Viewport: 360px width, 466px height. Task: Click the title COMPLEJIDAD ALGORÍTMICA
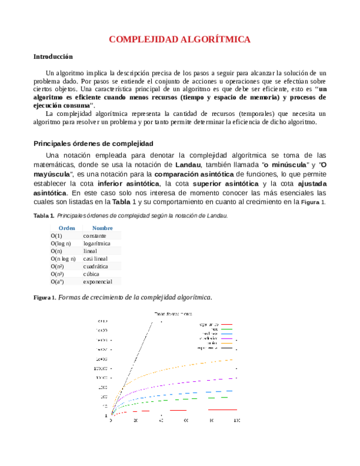(x=179, y=40)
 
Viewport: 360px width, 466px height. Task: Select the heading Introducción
(x=53, y=57)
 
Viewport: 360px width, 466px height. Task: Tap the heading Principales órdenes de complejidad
(x=94, y=144)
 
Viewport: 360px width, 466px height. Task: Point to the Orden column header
(x=67, y=228)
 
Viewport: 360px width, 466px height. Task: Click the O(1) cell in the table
(x=56, y=236)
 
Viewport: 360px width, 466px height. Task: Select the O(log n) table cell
(x=61, y=244)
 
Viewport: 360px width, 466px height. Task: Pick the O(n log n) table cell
(x=67, y=259)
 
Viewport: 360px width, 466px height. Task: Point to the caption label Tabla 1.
(x=44, y=216)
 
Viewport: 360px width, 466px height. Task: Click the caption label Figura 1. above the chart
(x=44, y=297)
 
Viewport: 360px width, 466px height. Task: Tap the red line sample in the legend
(x=226, y=324)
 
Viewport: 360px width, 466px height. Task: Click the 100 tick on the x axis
(x=236, y=420)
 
